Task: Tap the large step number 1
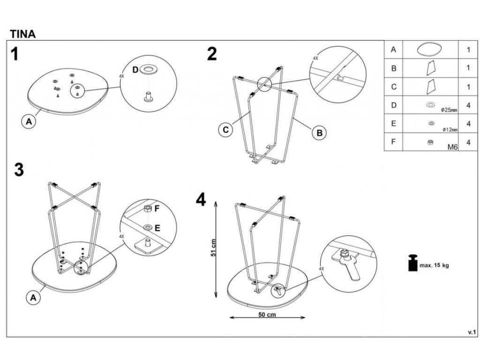(x=15, y=54)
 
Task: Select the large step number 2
(x=212, y=54)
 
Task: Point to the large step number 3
(x=19, y=170)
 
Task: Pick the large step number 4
(x=201, y=200)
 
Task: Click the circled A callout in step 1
(x=29, y=122)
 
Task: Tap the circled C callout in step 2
(x=226, y=130)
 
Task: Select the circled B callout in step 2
(x=319, y=133)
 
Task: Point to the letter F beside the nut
(x=157, y=208)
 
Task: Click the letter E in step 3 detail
(x=157, y=228)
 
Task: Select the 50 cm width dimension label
(x=267, y=315)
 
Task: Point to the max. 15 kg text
(x=434, y=266)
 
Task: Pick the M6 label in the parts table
(x=452, y=147)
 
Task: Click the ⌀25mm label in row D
(x=449, y=110)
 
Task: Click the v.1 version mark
(x=472, y=332)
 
